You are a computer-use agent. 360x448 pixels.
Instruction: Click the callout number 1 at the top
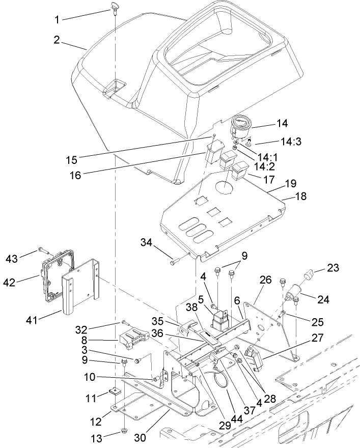pyautogui.click(x=58, y=20)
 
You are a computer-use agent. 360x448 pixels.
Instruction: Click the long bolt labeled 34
pyautogui.click(x=176, y=261)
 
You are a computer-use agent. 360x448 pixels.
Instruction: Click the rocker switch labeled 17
pyautogui.click(x=239, y=171)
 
